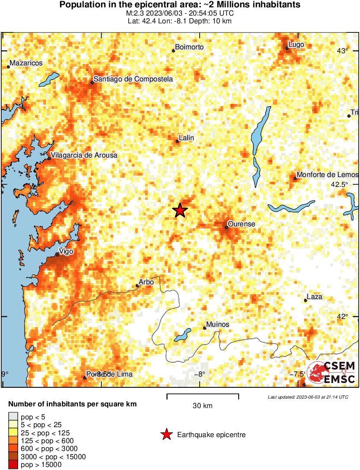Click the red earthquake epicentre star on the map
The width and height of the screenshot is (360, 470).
[x=180, y=210]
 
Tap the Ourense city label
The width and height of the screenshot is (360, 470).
[x=241, y=224]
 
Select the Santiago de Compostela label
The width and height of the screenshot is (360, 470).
[x=133, y=79]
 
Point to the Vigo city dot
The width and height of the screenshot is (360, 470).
[x=58, y=255]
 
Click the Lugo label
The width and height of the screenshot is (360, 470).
[x=297, y=45]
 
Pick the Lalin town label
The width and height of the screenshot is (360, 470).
[x=186, y=138]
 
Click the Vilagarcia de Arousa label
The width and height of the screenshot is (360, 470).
[x=84, y=155]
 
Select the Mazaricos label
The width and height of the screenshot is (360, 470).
[x=26, y=63]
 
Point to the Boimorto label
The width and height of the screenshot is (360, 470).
[x=189, y=47]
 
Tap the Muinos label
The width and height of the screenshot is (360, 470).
[x=218, y=325]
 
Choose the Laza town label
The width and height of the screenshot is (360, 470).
[x=315, y=297]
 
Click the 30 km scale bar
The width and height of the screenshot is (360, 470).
[x=203, y=395]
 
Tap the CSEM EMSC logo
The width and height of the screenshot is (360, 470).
[x=331, y=372]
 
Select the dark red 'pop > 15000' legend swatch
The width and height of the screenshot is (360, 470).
[x=13, y=465]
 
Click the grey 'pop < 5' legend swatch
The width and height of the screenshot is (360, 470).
[x=13, y=417]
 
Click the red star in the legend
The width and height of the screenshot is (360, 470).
[x=166, y=435]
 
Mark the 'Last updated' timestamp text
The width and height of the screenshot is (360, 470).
[x=308, y=397]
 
